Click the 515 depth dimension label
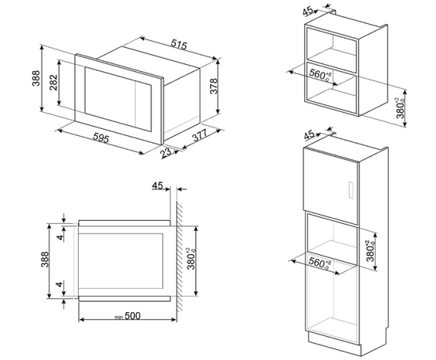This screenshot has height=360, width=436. (179, 45)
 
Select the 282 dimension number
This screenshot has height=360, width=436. (53, 83)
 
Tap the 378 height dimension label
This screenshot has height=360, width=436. (214, 87)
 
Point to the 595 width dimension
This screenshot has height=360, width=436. (100, 138)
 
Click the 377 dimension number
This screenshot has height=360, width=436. (200, 135)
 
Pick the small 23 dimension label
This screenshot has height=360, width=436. (166, 152)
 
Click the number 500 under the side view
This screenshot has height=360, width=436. (133, 316)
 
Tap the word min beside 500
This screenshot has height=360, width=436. (119, 317)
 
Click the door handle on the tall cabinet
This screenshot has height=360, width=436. (351, 190)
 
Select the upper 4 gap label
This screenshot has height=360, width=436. (59, 237)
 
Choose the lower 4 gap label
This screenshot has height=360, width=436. (59, 284)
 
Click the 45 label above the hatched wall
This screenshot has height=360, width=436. (157, 185)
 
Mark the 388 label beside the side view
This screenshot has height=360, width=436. (45, 260)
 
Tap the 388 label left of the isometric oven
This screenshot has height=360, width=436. (36, 79)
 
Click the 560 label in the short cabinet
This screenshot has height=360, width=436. (320, 75)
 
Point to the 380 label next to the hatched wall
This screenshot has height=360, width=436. (192, 259)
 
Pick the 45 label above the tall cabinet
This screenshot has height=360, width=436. (309, 135)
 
